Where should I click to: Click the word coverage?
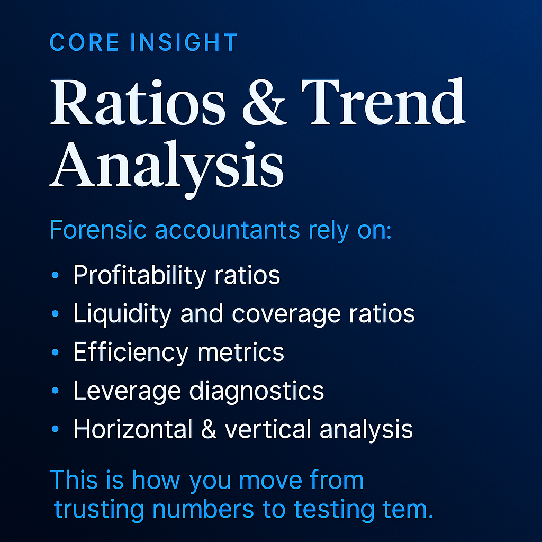[x=276, y=314]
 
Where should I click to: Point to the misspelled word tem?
[x=407, y=509]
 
